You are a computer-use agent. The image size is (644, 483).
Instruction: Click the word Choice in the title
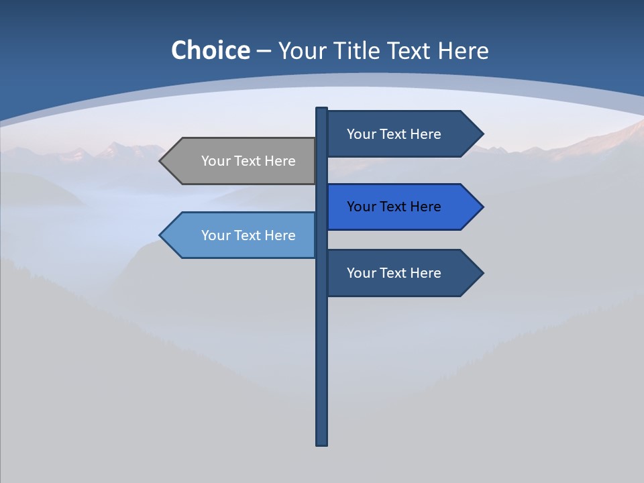[x=210, y=50]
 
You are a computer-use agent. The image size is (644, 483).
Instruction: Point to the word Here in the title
[x=463, y=50]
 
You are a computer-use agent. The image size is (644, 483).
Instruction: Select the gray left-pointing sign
[x=241, y=161]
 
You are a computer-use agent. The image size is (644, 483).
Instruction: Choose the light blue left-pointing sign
[x=241, y=235]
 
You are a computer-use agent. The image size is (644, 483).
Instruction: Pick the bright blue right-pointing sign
[x=399, y=207]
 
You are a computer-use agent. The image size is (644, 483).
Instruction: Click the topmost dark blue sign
[x=399, y=134]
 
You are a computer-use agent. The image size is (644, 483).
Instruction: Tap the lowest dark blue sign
[x=399, y=273]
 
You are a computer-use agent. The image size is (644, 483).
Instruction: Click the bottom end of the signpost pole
[x=322, y=443]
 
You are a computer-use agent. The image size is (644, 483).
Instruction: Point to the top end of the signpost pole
[x=322, y=109]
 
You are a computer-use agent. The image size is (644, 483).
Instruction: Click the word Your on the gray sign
[x=216, y=161]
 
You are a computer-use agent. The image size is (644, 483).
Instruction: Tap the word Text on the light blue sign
[x=249, y=235]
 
